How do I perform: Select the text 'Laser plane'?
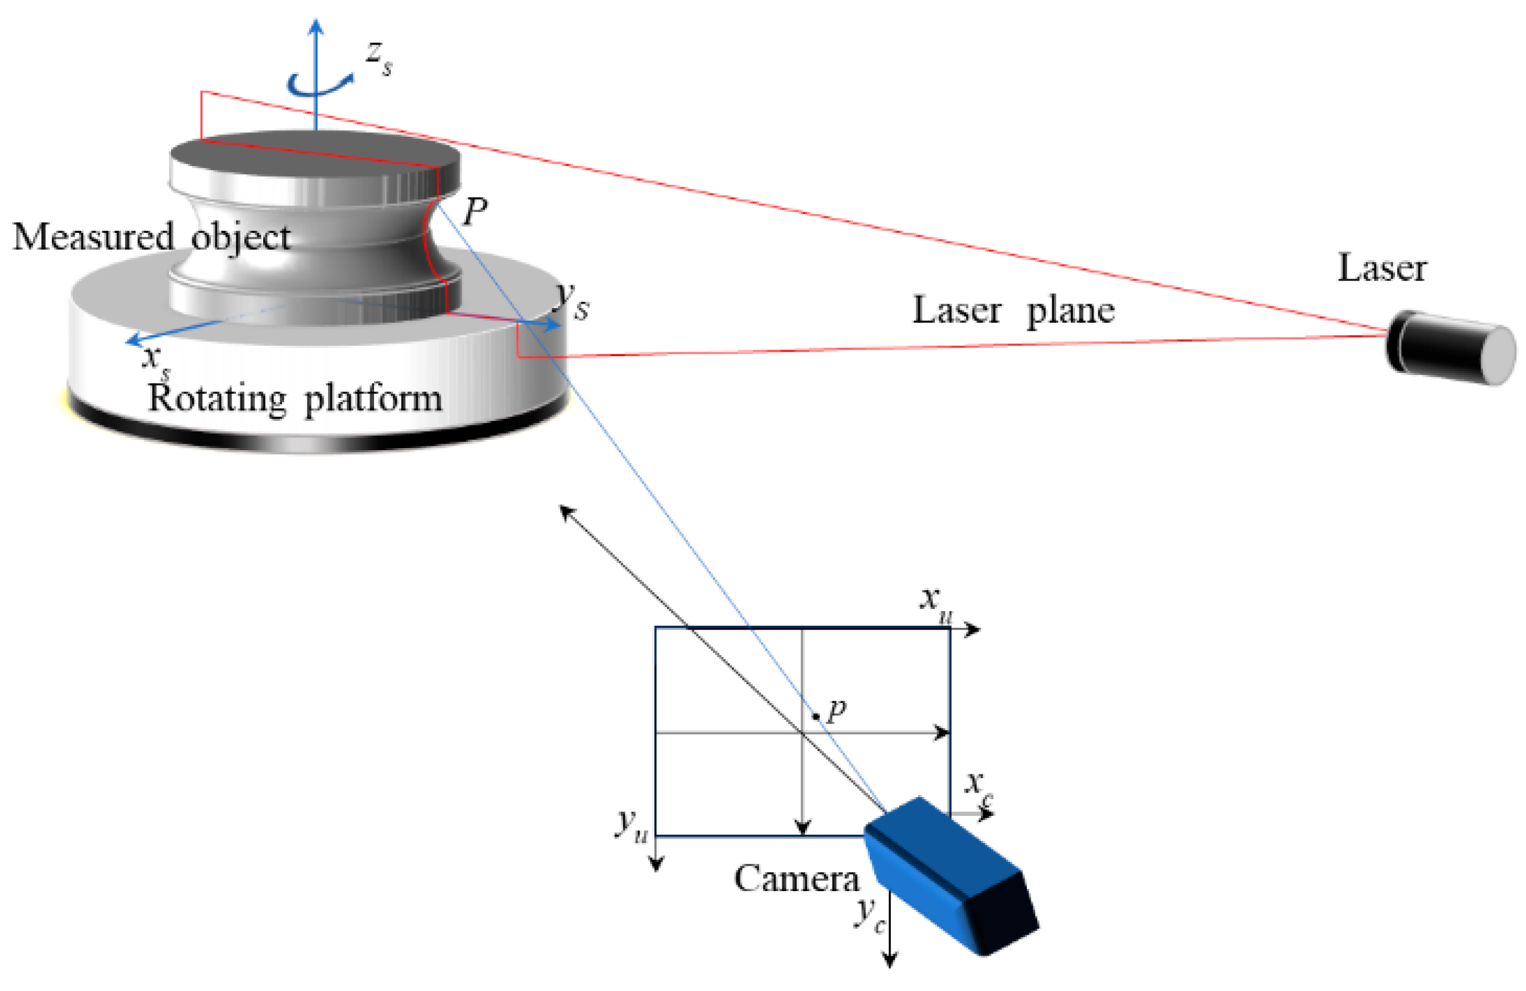pos(1013,310)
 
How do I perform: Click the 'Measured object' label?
pos(151,237)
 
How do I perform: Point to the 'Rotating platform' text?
pos(295,398)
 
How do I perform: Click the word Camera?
pos(795,879)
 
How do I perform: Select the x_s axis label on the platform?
pos(156,359)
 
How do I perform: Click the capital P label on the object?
pos(475,211)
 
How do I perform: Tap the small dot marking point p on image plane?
pos(816,716)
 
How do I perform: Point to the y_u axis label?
pos(631,825)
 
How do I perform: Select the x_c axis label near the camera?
pos(978,787)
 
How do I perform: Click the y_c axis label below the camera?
pos(869,914)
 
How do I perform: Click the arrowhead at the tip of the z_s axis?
pos(316,26)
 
